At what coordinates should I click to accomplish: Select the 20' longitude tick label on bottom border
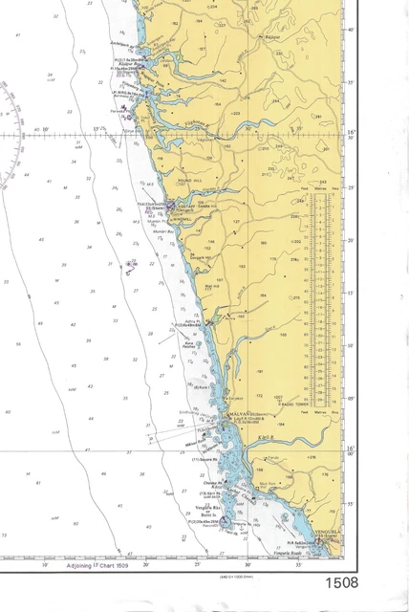(146, 565)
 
